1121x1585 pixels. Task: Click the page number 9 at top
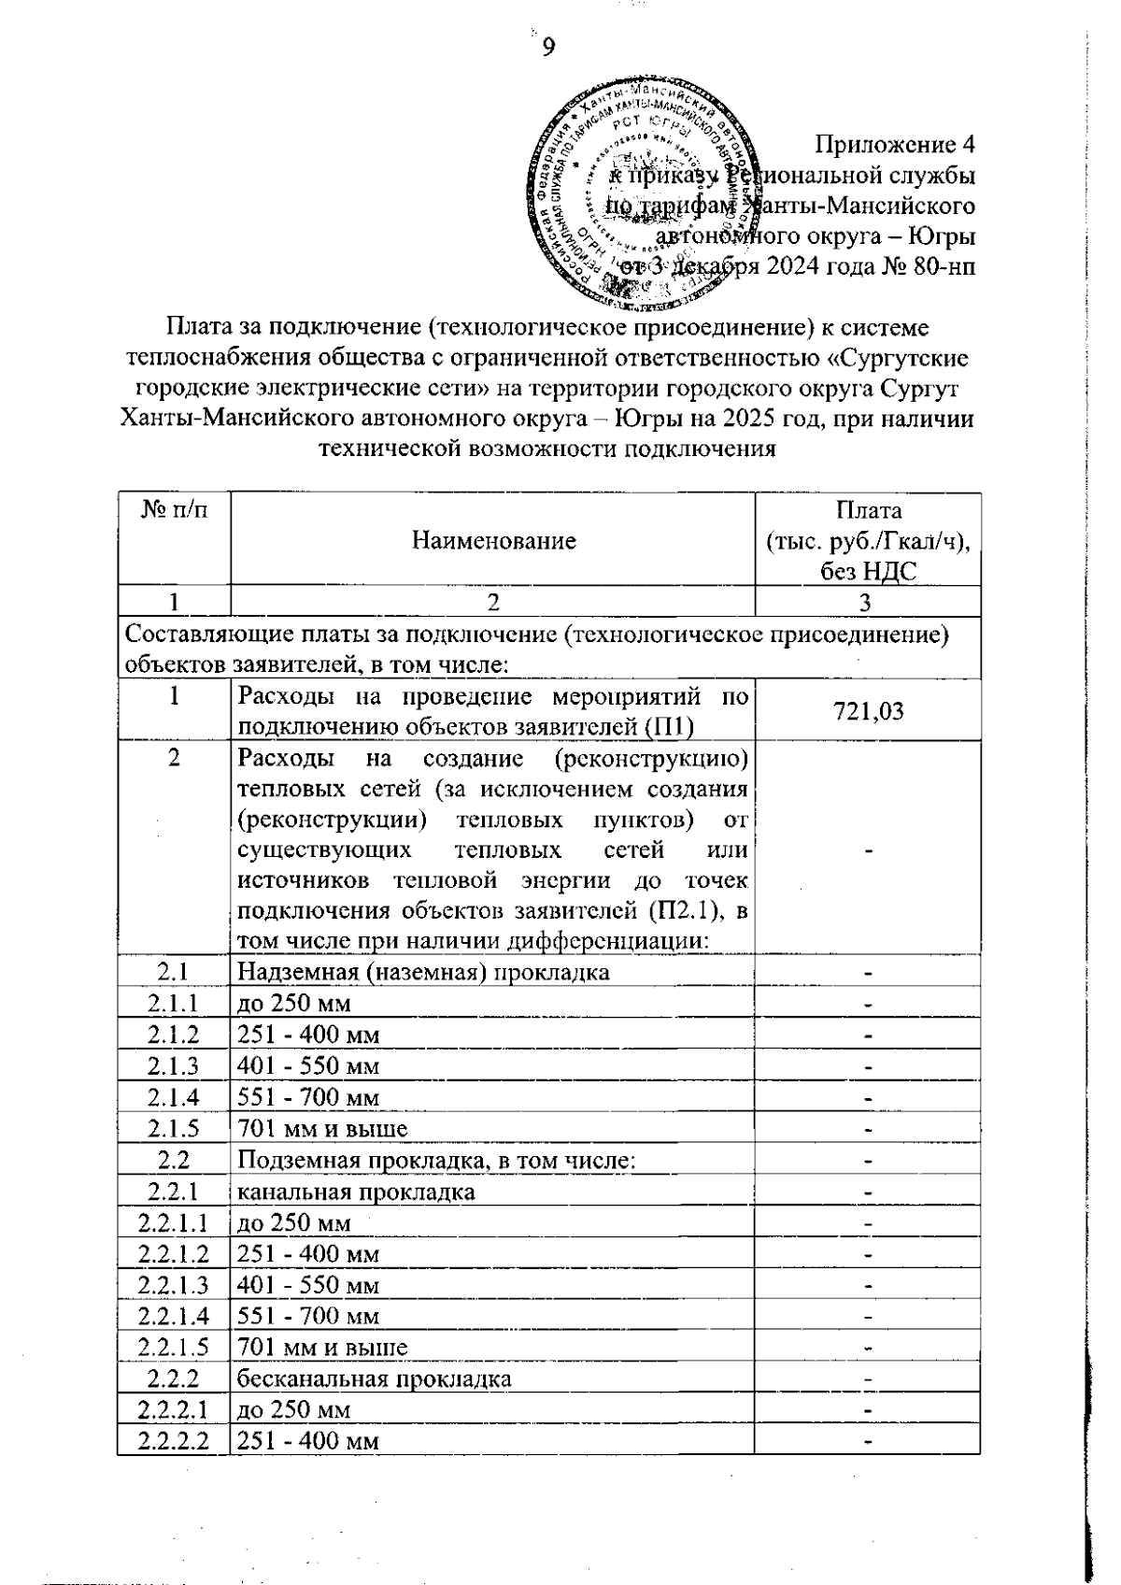547,48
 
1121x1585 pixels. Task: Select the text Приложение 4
896,145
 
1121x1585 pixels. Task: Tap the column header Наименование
494,540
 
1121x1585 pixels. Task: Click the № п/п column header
174,510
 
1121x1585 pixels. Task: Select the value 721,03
868,711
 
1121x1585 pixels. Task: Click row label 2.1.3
174,1066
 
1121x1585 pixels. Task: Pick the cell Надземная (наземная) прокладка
423,972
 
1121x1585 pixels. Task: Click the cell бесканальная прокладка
374,1378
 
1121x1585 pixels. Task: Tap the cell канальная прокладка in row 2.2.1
355,1192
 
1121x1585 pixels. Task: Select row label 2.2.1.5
174,1347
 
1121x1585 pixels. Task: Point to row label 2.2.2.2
174,1440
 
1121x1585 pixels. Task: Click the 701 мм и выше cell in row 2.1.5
322,1129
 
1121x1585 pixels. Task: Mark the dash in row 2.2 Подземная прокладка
868,1161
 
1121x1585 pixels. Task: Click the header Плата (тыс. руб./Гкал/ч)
868,540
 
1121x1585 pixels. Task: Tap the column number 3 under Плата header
866,602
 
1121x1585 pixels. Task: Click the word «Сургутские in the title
900,358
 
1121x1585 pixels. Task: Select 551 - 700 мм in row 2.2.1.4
308,1316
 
